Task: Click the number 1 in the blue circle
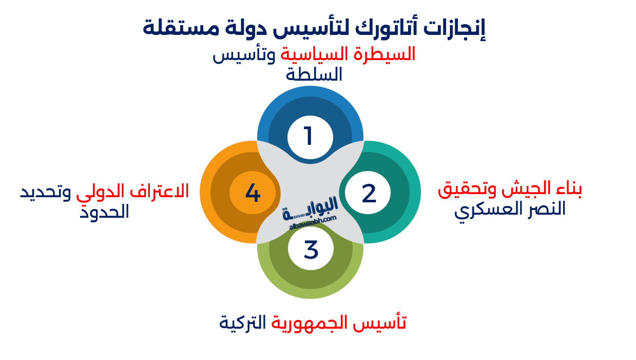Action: click(309, 137)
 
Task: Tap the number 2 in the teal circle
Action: click(369, 194)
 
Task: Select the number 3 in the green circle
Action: click(311, 250)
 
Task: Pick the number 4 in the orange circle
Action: click(253, 193)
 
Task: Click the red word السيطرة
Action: click(392, 54)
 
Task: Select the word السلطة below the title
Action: click(314, 75)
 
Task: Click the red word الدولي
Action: click(100, 192)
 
